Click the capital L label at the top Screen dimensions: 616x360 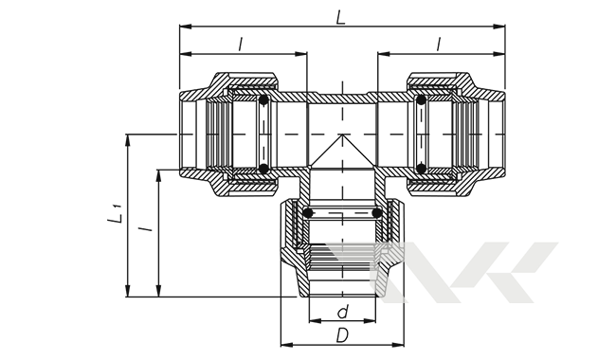coord(340,18)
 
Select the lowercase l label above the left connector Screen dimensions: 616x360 coord(241,45)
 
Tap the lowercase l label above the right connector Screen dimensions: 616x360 coord(439,45)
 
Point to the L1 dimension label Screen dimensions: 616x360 coord(115,214)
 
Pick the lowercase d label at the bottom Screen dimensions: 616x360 coord(343,312)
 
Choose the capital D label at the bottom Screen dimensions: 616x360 coord(342,335)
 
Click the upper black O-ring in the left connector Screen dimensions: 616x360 coord(263,99)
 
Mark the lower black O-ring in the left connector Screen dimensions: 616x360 coord(263,170)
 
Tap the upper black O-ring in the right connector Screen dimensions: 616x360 coord(421,99)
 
